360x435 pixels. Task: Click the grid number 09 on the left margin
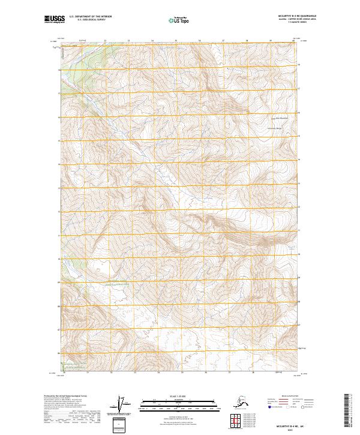tap(59, 282)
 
